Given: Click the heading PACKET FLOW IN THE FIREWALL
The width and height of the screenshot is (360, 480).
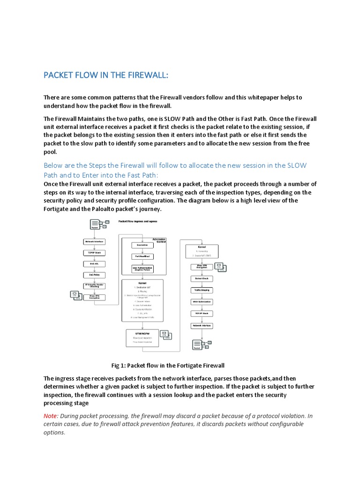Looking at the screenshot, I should pos(105,75).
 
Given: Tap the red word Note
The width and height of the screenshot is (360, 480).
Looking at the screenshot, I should pos(51,416).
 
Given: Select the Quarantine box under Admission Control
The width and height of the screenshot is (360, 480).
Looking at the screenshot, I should pos(142,245).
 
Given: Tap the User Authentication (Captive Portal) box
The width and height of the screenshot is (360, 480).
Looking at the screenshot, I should pos(142,269).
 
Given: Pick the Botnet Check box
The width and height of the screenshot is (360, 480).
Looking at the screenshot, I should pos(201,278).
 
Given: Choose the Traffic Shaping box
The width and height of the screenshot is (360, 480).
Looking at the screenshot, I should pos(201,290).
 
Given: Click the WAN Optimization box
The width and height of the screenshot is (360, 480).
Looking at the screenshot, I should pos(201,302).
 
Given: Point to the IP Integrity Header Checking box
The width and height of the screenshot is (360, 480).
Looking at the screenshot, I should pos(94,285).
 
